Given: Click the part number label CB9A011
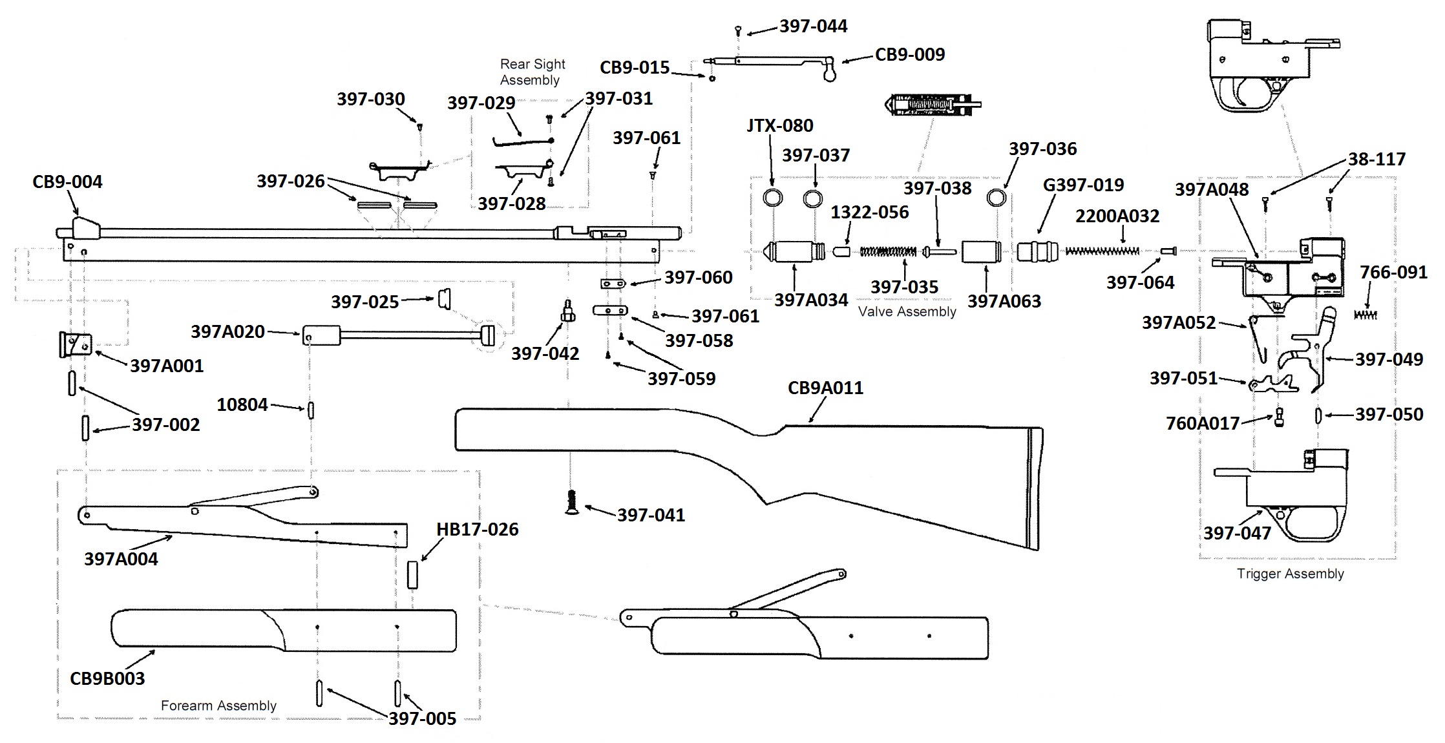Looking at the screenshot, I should [x=825, y=388].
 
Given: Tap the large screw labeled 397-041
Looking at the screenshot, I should [x=571, y=502].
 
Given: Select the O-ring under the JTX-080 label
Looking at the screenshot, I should [x=772, y=198].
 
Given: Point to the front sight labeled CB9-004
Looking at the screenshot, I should [x=85, y=228].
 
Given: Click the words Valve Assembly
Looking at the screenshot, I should [x=907, y=311].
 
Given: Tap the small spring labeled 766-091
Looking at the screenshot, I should [x=1365, y=315].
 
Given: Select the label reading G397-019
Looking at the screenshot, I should [x=1083, y=185].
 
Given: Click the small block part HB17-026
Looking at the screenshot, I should [x=412, y=574].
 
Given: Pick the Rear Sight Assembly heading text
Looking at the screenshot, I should [x=532, y=72].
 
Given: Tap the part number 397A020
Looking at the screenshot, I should [x=227, y=331].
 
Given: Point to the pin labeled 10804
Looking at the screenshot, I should [x=311, y=410].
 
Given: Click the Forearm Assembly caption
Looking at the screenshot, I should [x=218, y=706].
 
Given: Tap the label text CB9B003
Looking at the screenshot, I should [x=107, y=678].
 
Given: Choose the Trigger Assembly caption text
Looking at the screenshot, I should [x=1290, y=574].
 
